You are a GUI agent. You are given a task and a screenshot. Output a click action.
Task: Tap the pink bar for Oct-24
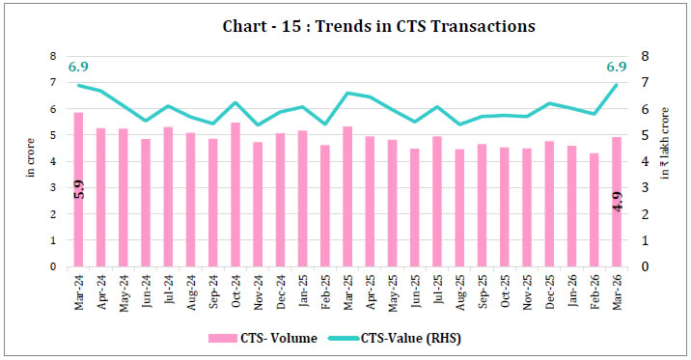coord(235,194)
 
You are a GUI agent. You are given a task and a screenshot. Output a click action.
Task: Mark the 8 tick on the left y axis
coord(53,57)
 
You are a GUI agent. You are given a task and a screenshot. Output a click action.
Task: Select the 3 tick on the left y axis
coord(53,187)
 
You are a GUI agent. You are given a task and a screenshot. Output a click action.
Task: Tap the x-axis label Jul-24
coord(168,289)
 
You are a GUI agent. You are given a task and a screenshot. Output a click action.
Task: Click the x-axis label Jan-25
coord(301,289)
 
